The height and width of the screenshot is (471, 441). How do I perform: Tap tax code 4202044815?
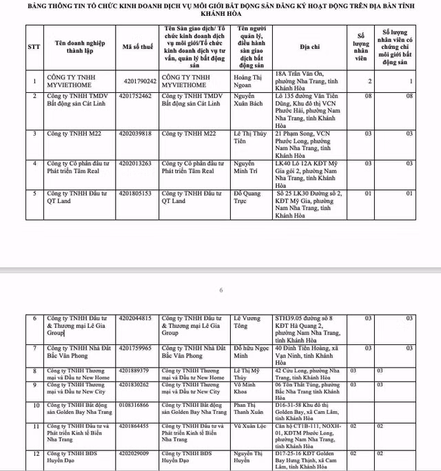point(138,319)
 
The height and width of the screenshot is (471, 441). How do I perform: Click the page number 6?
point(221,290)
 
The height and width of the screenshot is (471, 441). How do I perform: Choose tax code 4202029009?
point(138,454)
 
